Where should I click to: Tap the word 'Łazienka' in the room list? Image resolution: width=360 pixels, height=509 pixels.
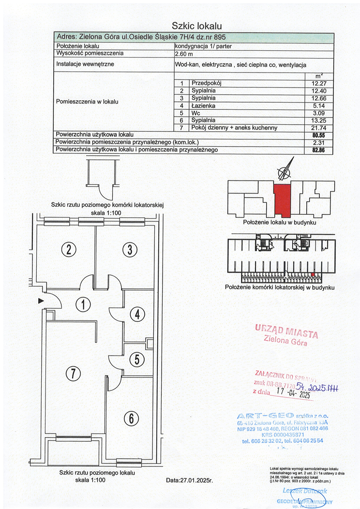click(x=203, y=105)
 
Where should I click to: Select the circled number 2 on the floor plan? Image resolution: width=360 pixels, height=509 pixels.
click(x=69, y=250)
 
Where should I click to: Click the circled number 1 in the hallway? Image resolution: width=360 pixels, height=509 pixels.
click(x=84, y=305)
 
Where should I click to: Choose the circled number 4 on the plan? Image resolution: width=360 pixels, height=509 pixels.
click(x=137, y=314)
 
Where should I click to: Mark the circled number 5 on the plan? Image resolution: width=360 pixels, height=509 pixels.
click(x=137, y=359)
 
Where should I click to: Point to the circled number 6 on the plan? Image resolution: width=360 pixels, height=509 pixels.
click(x=131, y=419)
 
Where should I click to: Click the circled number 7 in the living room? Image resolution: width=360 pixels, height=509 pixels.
click(x=72, y=373)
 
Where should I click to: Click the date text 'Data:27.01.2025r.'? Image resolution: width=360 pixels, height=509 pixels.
click(x=189, y=481)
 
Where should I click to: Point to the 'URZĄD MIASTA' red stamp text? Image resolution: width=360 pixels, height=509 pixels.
click(x=286, y=330)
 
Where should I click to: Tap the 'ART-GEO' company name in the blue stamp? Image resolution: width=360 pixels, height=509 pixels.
click(x=263, y=416)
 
